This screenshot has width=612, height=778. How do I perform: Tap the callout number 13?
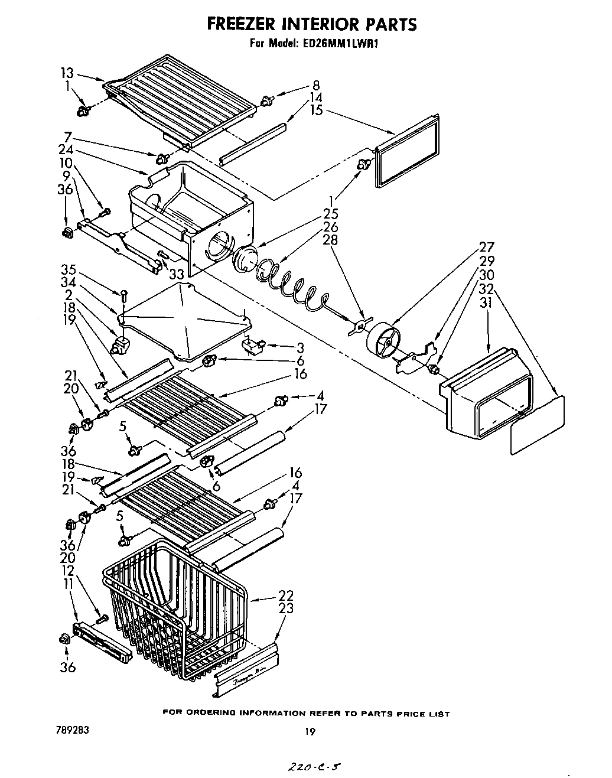click(x=67, y=73)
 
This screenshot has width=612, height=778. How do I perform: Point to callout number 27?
click(x=486, y=248)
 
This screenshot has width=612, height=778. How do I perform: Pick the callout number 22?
click(x=285, y=595)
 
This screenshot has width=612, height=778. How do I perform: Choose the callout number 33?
click(x=176, y=274)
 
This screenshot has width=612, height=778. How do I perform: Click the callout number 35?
click(x=69, y=270)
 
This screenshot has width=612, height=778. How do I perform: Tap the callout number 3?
click(x=300, y=347)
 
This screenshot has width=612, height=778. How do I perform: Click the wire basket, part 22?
click(x=177, y=608)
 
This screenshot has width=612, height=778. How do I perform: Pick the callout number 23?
click(x=285, y=608)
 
